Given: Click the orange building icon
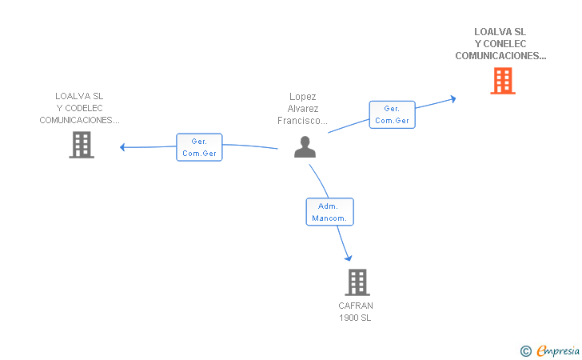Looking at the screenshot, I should pos(502,81).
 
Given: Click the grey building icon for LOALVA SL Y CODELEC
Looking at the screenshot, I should pos(81,145).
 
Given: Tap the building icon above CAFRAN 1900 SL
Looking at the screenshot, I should pos(357,282).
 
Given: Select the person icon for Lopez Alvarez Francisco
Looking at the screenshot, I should pos(305,146).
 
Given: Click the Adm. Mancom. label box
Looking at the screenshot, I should pos(329,212).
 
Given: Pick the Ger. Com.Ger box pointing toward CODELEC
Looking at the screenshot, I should pos(199,147).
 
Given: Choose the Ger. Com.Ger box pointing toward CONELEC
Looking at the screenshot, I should pos(392,114).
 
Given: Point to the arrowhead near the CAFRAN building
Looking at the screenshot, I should pos(349,258).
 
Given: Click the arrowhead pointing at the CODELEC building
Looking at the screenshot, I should pos(122,146).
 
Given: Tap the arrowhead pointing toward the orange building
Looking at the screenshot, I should pos(452,98).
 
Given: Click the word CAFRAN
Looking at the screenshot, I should pos(356,306).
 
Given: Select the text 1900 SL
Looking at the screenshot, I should pos(356,318).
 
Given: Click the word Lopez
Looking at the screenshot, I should pos(303,97).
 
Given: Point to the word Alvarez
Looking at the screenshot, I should pos(303,109).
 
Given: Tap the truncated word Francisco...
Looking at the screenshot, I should pos(303,121).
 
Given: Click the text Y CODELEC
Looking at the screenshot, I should pos(79,108).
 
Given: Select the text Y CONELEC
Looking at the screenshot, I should pos(500,44).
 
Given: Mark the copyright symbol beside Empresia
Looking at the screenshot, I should pos(525,350).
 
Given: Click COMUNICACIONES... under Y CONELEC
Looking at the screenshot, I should pos(500,56).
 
